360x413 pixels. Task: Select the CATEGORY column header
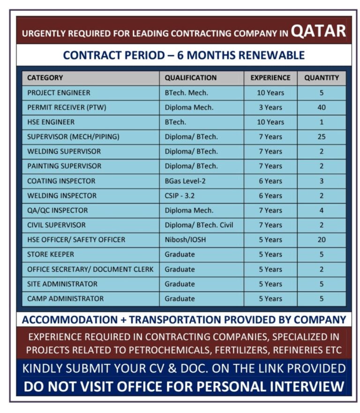45,78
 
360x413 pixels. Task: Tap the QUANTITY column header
322,78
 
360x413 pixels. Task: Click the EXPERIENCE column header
270,78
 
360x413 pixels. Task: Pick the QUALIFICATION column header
191,78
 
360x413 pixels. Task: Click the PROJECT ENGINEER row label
59,93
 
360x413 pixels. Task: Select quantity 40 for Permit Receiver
322,107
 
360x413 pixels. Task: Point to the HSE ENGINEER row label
51,122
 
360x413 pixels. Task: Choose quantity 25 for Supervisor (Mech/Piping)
322,137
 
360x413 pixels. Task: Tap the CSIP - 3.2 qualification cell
182,195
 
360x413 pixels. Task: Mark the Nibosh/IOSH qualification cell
185,240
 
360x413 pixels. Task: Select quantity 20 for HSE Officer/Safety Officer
322,240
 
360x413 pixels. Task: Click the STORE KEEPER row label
51,255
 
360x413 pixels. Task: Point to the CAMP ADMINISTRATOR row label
66,299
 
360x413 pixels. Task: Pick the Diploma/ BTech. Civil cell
199,225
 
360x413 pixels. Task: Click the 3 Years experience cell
270,107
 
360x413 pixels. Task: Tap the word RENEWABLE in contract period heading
272,55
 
